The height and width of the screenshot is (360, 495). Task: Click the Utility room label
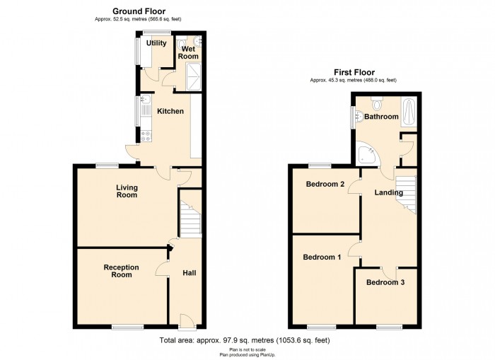pos(156,43)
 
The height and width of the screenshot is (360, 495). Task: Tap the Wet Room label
pos(189,52)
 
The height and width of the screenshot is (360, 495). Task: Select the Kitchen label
pos(170,111)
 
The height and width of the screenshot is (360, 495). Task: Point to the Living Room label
pos(127,191)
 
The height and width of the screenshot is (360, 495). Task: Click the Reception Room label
pos(121,271)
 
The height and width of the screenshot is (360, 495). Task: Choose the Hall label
pos(190,273)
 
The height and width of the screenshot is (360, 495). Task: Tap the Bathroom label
pos(381,117)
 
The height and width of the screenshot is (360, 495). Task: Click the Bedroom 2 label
pos(325,184)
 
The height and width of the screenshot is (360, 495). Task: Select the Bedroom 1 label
pos(322,257)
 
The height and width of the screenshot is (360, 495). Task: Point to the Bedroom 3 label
pos(385,282)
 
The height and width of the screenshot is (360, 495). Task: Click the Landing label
pos(389,192)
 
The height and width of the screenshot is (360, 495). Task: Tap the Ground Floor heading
pos(139,11)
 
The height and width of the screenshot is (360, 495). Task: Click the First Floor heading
pos(354,72)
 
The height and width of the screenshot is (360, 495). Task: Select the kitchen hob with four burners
pos(146,136)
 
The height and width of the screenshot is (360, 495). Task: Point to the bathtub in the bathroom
pos(409,112)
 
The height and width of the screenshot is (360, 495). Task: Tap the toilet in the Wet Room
pos(182,45)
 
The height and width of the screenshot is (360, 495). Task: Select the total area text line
pos(245,340)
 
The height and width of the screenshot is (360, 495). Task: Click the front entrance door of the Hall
pos(187,322)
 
